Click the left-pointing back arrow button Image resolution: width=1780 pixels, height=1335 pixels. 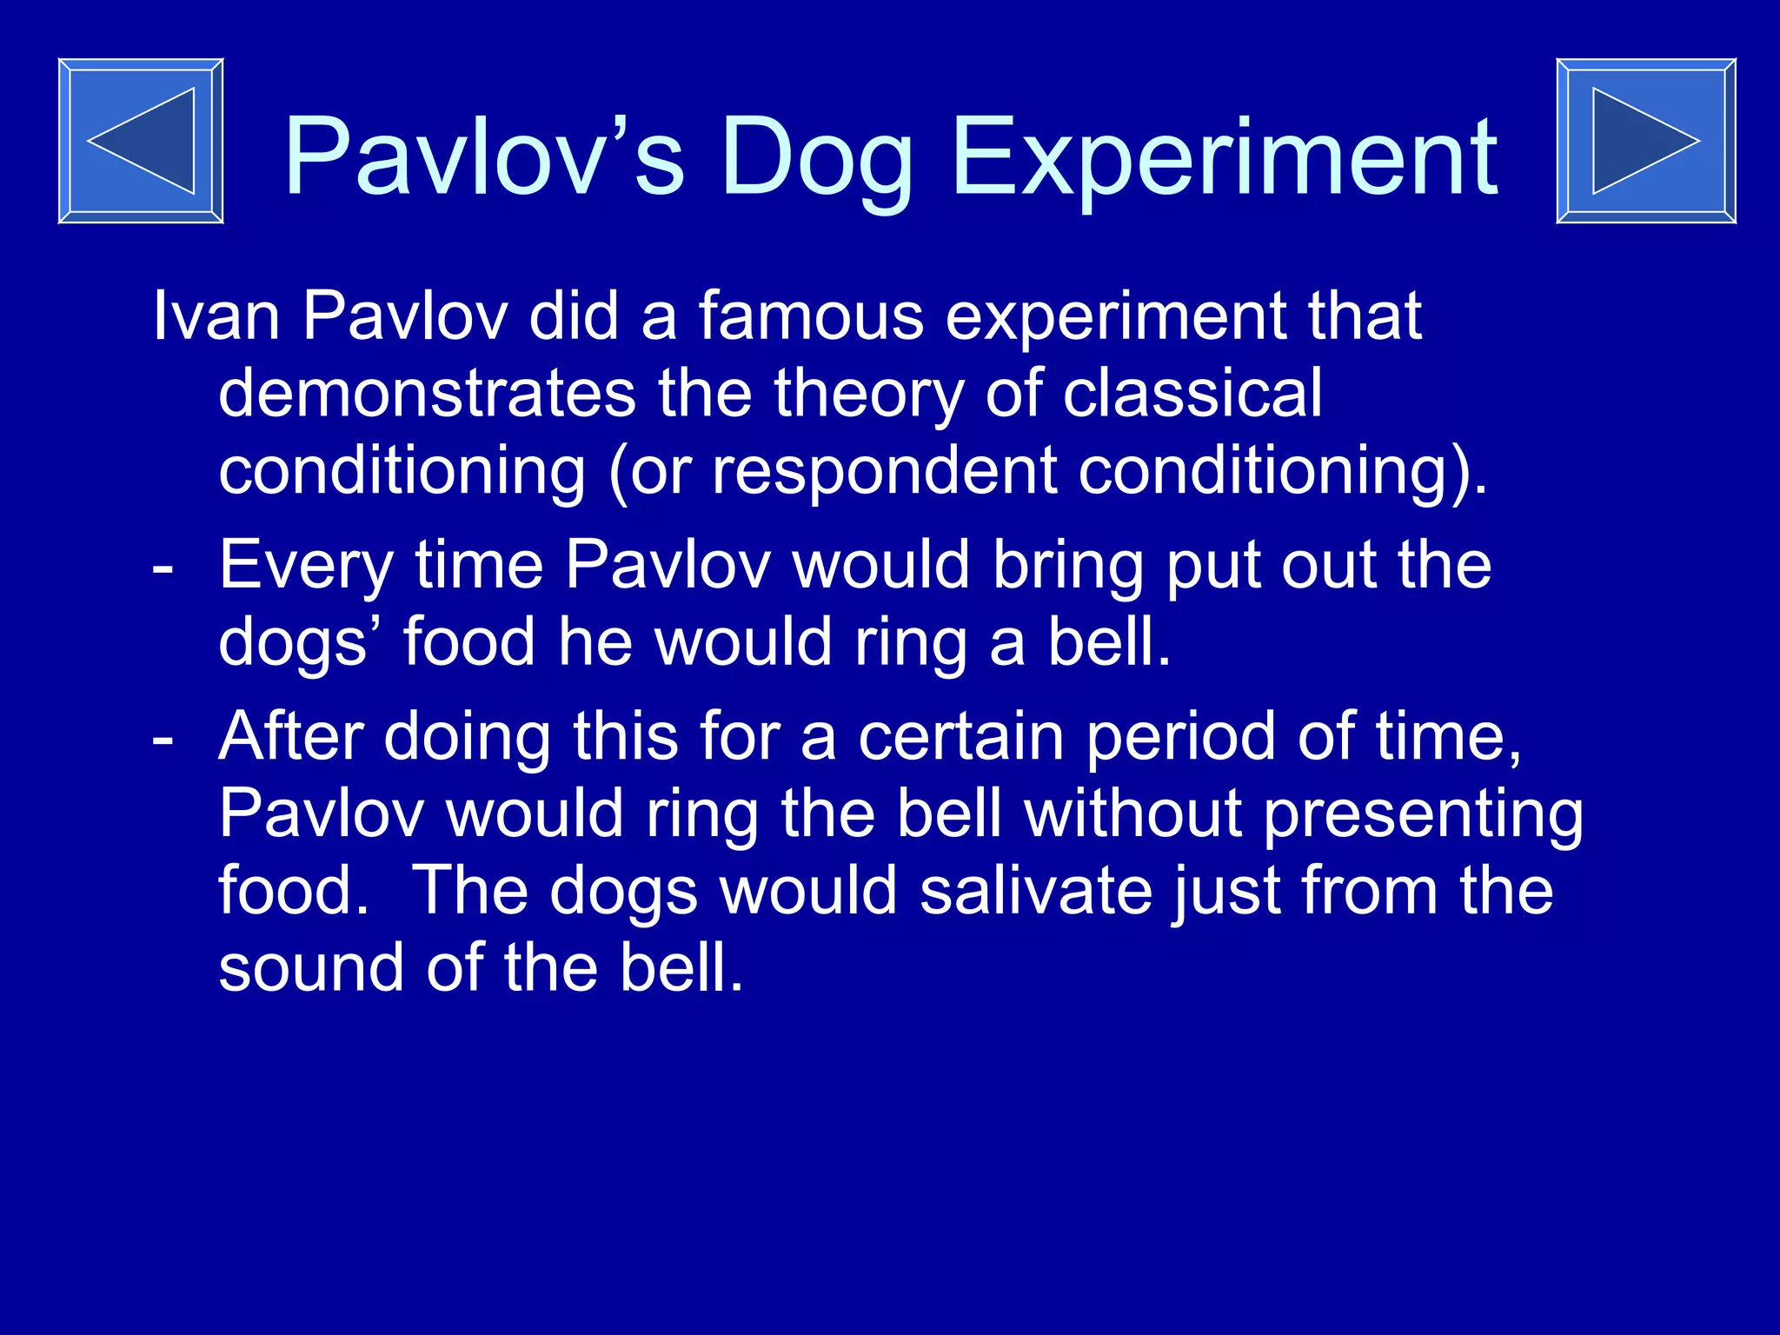pos(141,141)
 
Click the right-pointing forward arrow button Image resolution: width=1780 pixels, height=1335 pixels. pos(1645,141)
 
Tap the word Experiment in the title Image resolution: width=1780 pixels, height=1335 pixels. pos(1225,158)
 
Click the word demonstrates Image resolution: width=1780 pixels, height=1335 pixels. pos(427,393)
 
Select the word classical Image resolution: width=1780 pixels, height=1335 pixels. pos(1192,393)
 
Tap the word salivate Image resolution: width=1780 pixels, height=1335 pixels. pos(1035,892)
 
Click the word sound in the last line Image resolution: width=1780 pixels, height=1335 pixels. pos(311,968)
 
